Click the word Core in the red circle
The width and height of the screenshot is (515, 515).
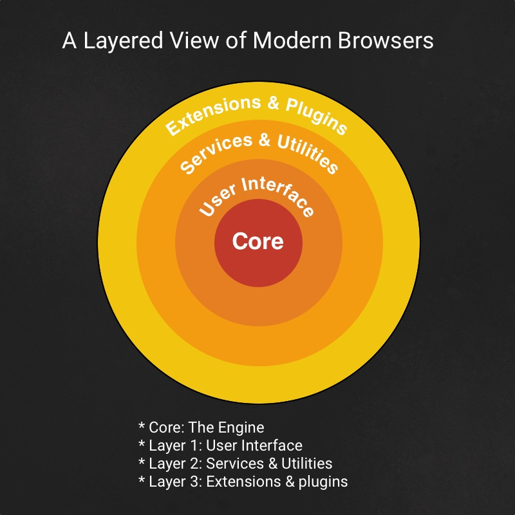pyautogui.click(x=257, y=241)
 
